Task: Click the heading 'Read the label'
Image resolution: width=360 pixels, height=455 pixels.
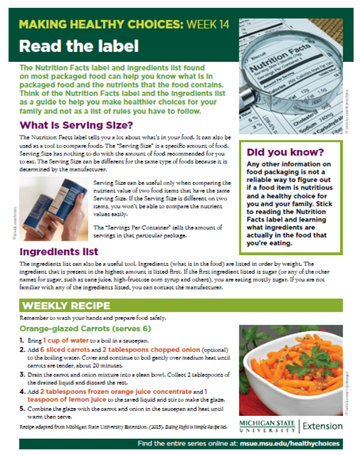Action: coord(79,46)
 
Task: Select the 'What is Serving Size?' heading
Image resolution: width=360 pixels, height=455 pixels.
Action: coord(76,125)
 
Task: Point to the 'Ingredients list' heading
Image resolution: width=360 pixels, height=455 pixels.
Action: coord(59,252)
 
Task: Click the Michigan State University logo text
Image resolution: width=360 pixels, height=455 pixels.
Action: coord(267,426)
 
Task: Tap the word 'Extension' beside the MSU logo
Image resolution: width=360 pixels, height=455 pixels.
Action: coord(323,426)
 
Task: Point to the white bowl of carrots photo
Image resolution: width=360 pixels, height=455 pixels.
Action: coord(290,367)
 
